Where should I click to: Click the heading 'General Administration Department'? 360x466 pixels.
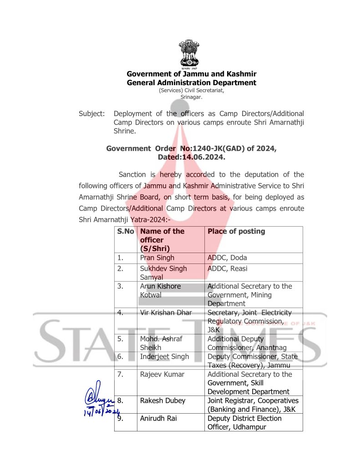(x=191, y=83)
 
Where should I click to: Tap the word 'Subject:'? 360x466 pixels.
(x=91, y=113)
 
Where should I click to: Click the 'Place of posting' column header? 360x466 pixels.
(x=236, y=231)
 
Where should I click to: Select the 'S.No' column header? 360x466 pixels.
(x=125, y=231)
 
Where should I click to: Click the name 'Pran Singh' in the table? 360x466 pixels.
(x=157, y=258)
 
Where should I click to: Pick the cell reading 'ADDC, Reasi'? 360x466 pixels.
(x=228, y=268)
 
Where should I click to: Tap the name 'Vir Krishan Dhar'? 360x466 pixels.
(x=166, y=313)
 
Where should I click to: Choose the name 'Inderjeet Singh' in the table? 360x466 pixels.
(x=164, y=356)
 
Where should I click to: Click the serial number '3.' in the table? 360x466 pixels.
(x=121, y=286)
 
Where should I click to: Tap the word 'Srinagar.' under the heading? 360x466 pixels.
(x=191, y=97)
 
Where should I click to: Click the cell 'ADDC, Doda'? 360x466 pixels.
(x=227, y=258)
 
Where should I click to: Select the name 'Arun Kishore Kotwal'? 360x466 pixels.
(x=160, y=290)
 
